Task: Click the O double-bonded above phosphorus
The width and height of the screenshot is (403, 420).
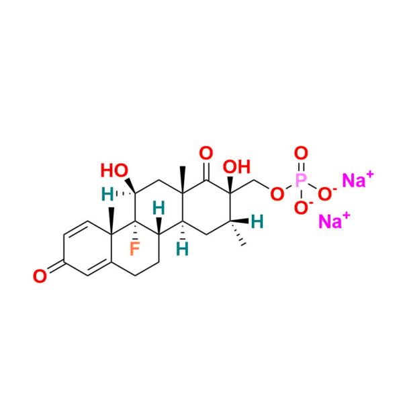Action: point(302,152)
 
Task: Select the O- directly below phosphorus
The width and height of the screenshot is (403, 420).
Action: point(302,207)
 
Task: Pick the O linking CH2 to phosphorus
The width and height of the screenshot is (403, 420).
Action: point(275,195)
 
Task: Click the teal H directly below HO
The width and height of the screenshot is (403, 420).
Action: point(107,195)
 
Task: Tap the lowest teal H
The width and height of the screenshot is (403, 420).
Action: point(181,249)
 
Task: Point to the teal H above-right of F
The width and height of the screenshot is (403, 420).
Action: point(159,209)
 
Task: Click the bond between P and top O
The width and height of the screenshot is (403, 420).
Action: point(302,166)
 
